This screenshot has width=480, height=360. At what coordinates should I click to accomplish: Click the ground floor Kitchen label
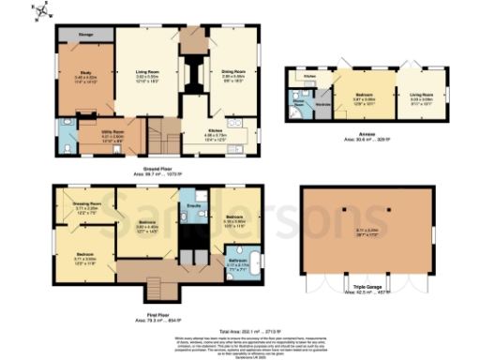coord(217,132)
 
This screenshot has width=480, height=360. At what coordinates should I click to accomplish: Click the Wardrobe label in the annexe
coord(323,105)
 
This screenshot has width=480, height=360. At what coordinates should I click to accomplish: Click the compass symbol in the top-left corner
coord(38,11)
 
